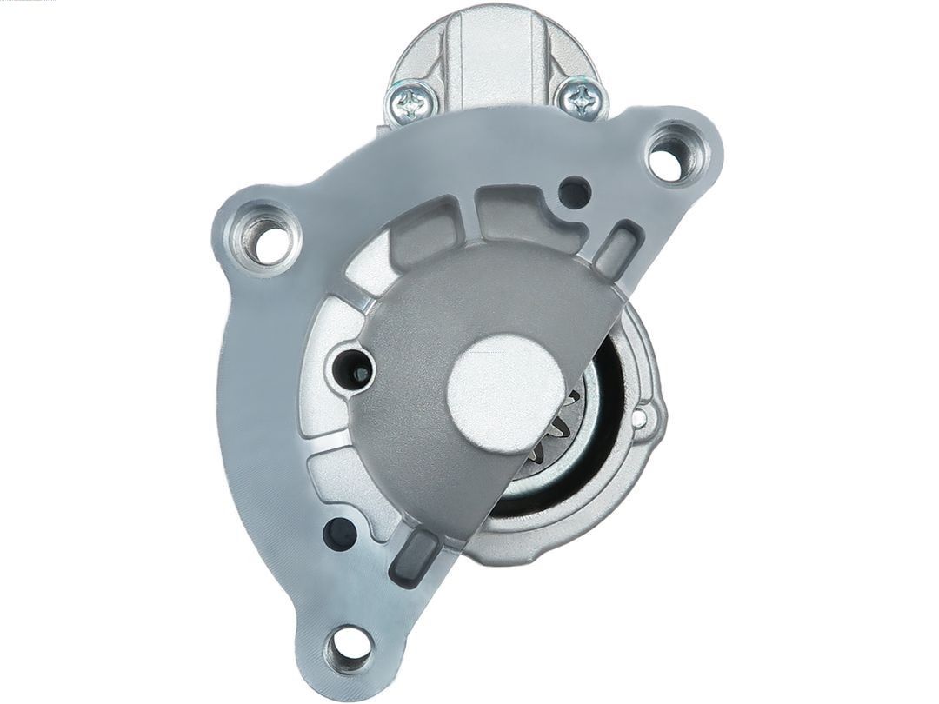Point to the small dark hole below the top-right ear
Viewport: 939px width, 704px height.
tap(574, 192)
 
